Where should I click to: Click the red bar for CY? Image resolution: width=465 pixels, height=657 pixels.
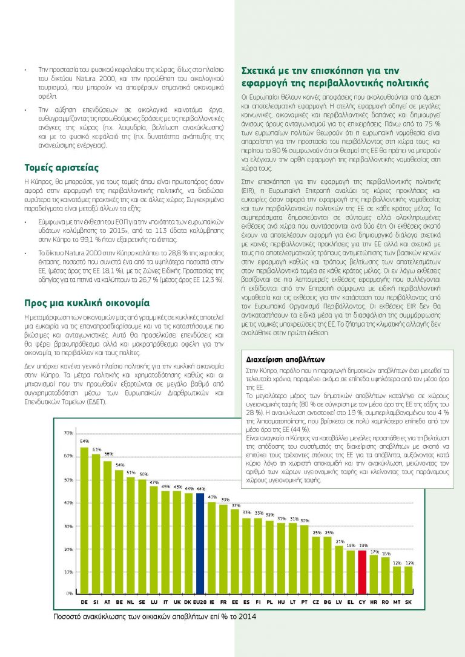click(x=362, y=572)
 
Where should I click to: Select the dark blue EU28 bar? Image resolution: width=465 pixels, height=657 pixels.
click(x=200, y=543)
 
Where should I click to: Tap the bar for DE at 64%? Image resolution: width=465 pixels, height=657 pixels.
click(x=84, y=520)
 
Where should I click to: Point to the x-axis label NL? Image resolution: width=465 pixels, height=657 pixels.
click(x=130, y=603)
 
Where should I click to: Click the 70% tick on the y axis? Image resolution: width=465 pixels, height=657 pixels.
click(x=68, y=433)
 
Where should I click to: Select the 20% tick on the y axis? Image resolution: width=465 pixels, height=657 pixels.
click(x=68, y=549)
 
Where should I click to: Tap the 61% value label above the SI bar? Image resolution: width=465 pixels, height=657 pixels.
click(x=96, y=449)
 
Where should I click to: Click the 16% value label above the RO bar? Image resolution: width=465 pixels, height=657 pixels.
click(x=386, y=554)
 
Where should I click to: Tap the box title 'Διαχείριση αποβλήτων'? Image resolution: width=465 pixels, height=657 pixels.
click(x=277, y=358)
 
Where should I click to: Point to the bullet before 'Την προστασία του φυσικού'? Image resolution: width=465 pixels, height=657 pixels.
click(x=25, y=71)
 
